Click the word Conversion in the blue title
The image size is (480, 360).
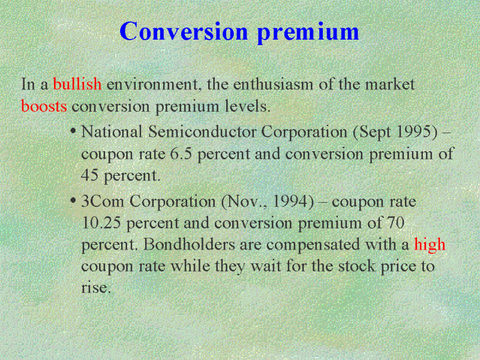[184, 31]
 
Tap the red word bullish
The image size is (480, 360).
[77, 84]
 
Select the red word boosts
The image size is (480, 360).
[44, 106]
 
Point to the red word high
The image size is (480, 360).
[430, 245]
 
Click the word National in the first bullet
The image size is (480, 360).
[112, 132]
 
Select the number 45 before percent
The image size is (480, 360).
[89, 175]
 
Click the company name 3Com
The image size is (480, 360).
[103, 202]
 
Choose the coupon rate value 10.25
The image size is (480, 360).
[101, 223]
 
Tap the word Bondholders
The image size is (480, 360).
[189, 245]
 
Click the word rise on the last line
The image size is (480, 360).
[96, 288]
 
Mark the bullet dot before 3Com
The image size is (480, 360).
[73, 201]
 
